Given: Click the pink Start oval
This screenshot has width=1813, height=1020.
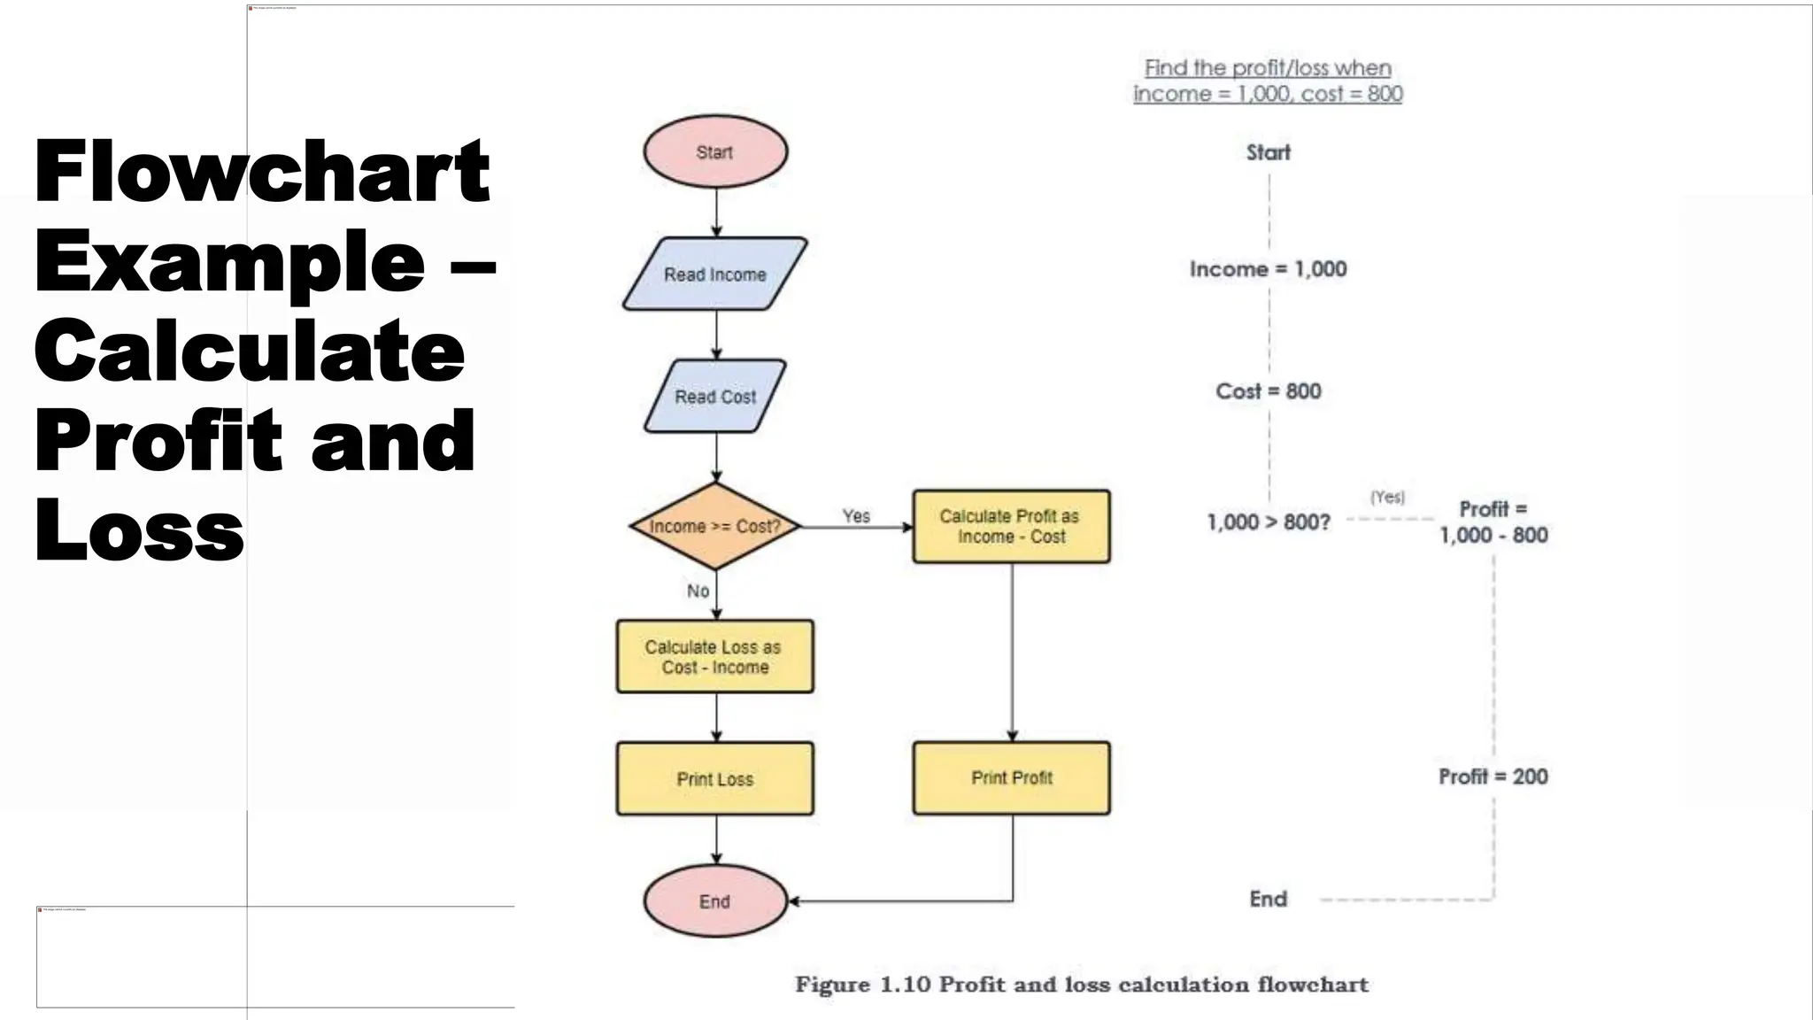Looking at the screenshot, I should (x=715, y=151).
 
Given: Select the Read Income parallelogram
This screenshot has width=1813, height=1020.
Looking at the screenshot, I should (x=715, y=274).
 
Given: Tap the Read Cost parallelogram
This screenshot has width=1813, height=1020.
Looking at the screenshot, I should (x=715, y=397).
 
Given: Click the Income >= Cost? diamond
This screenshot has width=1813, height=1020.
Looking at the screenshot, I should (x=715, y=526).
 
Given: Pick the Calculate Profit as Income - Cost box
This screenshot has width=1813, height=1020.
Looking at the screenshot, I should (x=1011, y=526).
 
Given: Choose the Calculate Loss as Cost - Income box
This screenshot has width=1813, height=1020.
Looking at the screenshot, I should (x=715, y=657).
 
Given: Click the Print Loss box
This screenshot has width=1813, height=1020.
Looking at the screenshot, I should (x=715, y=779).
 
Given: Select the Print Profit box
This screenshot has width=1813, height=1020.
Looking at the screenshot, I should (x=1011, y=777).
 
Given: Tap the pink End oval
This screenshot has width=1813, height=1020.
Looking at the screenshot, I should (x=715, y=901).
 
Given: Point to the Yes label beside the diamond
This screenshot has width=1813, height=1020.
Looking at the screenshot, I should (x=856, y=515).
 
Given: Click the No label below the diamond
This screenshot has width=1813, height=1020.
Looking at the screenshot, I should (x=698, y=591).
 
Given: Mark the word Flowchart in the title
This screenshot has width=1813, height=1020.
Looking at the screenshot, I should (x=262, y=172).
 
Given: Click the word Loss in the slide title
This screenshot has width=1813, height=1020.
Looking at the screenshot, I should (x=139, y=529).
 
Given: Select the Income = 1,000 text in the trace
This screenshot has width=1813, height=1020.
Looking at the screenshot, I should (x=1268, y=269).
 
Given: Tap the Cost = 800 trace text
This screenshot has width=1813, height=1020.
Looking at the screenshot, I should (x=1268, y=391).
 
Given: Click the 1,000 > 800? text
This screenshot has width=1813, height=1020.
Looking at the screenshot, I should (x=1268, y=522).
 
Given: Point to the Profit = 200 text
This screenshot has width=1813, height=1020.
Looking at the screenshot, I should (x=1493, y=777).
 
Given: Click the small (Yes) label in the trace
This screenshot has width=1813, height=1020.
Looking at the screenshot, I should (x=1387, y=497).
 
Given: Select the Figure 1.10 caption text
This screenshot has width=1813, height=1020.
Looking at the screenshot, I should (x=1081, y=985).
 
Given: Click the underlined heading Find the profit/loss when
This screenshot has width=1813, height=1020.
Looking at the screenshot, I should (x=1268, y=68).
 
